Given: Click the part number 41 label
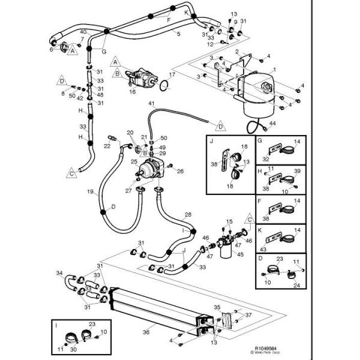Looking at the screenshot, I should tap(152, 104).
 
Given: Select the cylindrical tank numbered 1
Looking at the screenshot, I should tap(259, 93).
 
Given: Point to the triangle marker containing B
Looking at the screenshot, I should tap(117, 73).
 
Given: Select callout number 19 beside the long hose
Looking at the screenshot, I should tap(90, 193).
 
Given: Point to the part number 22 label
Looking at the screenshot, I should tap(107, 145).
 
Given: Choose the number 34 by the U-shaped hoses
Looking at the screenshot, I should tap(59, 274).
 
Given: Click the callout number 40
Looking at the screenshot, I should tap(83, 32).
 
